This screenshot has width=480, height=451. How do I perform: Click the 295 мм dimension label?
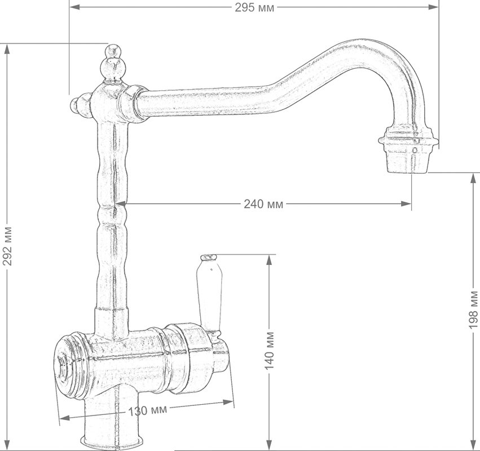click(x=255, y=7)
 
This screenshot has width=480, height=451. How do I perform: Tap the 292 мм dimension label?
click(x=7, y=246)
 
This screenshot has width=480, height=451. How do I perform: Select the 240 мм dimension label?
click(x=263, y=204)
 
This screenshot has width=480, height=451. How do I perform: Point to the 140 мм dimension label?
click(x=269, y=350)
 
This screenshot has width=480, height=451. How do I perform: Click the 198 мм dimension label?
click(x=473, y=309)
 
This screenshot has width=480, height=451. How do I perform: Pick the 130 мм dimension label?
click(x=148, y=410)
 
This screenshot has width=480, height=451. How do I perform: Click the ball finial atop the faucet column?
click(x=113, y=63)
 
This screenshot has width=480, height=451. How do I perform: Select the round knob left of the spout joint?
click(x=80, y=105)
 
